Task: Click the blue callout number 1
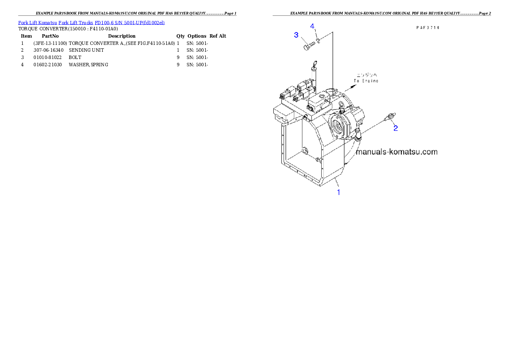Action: tap(339, 192)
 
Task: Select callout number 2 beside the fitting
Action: tap(396, 128)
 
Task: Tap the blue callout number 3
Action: tap(296, 35)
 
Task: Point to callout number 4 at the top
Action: tap(313, 27)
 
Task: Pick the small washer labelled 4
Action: tap(318, 41)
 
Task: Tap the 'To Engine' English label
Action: tap(366, 81)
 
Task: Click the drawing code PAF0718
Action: tap(428, 27)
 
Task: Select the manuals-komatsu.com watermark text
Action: tap(397, 152)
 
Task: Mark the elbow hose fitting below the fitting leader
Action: tap(358, 136)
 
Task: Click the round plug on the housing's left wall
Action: tap(305, 151)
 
